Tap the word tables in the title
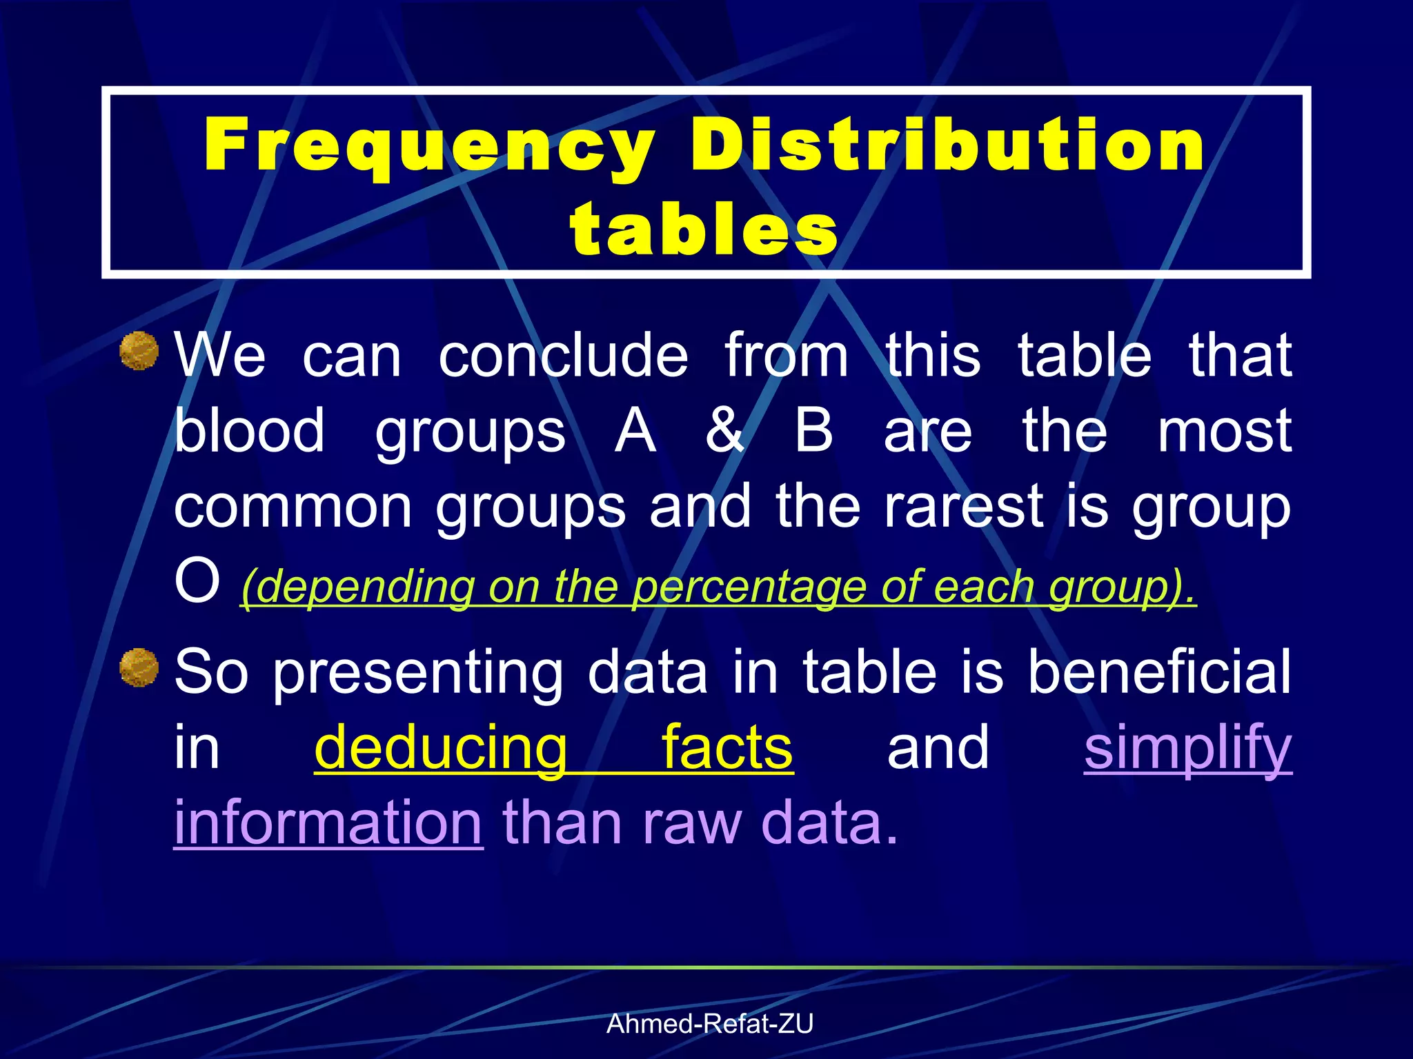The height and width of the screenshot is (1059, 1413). (704, 228)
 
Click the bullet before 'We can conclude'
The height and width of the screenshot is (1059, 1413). (139, 351)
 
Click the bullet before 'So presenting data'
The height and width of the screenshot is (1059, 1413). (139, 667)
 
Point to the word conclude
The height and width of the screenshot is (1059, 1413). (563, 355)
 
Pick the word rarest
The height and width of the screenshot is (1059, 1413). (963, 507)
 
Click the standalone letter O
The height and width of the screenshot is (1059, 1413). (197, 581)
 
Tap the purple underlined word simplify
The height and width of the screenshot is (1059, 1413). (1187, 749)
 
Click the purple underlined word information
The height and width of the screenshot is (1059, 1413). (328, 823)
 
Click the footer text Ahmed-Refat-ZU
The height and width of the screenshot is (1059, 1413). (710, 1024)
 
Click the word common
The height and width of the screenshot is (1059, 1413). (293, 507)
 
